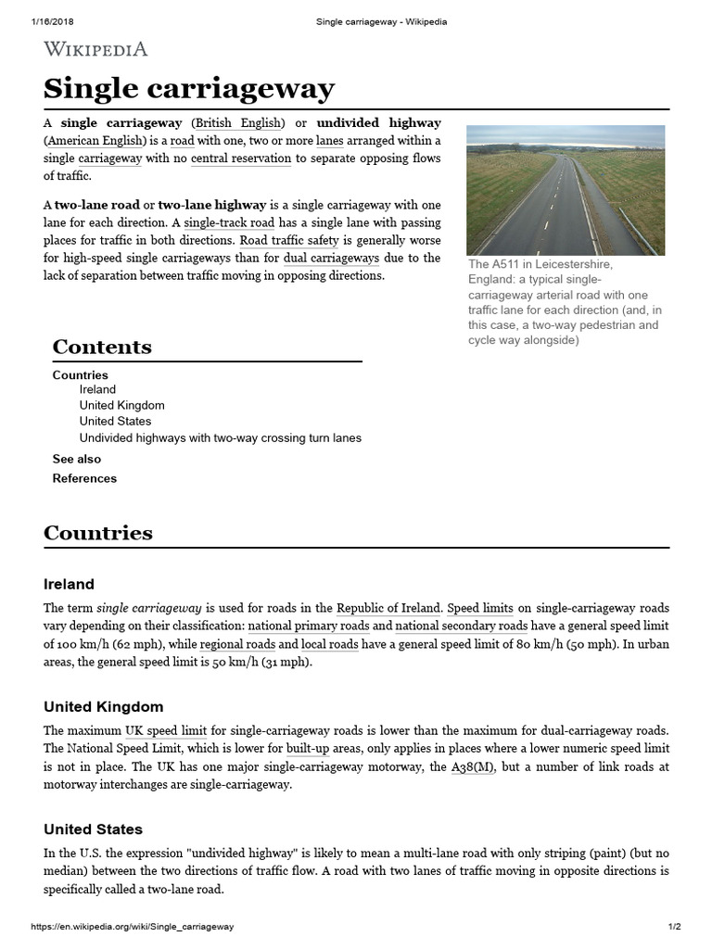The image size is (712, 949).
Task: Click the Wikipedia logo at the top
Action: (95, 49)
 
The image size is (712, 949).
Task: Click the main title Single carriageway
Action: (189, 89)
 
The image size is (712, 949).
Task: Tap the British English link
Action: (237, 123)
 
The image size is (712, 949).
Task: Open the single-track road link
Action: (229, 223)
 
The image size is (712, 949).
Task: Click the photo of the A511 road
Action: (566, 190)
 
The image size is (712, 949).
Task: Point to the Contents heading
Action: (102, 347)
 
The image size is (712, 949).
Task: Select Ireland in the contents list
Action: (97, 390)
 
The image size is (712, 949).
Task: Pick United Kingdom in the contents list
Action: (121, 406)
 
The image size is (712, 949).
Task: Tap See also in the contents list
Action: (77, 460)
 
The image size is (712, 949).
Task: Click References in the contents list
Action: (84, 479)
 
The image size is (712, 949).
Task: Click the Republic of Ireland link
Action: (388, 609)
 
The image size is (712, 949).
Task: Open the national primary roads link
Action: (308, 626)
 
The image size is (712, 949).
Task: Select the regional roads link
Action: (236, 645)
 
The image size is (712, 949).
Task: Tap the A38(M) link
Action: (473, 767)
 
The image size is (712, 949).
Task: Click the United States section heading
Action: (93, 829)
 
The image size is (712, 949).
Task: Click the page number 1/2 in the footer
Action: (675, 927)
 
